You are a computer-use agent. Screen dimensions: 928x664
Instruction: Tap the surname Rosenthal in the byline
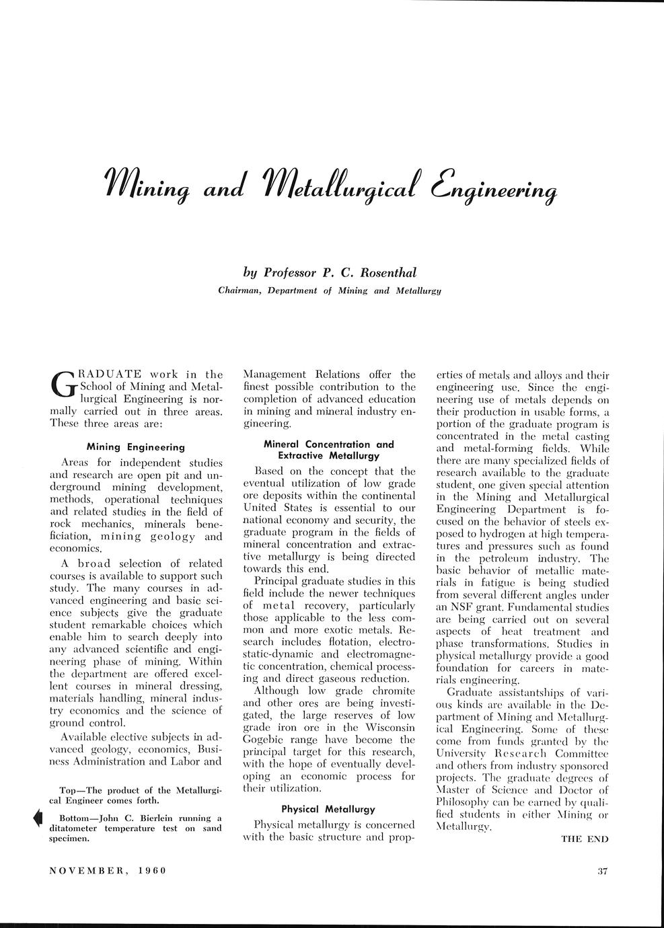click(389, 272)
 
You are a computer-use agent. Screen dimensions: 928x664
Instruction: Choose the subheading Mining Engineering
click(136, 447)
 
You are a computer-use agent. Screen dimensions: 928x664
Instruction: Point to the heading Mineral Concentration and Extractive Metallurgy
click(328, 450)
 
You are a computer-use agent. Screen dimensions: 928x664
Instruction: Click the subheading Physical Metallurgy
click(328, 809)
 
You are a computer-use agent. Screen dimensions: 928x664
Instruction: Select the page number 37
click(602, 872)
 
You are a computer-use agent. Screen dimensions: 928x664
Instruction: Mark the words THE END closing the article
click(585, 839)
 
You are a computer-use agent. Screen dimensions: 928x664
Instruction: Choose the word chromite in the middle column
click(391, 691)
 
